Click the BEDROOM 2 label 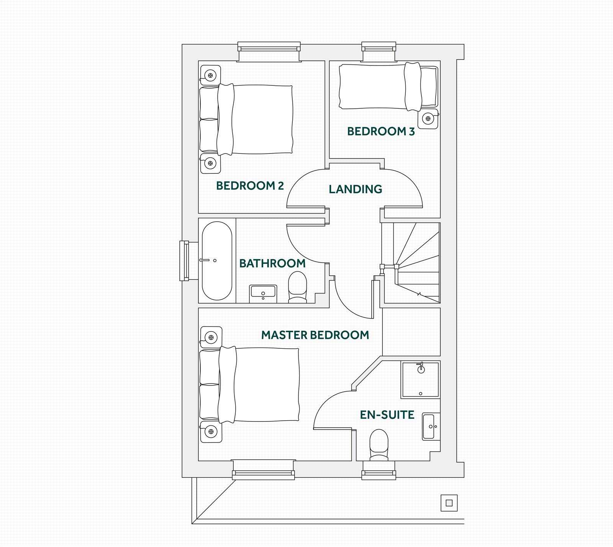point(250,186)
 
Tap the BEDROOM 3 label point(380,131)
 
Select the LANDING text point(355,189)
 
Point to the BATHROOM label point(272,263)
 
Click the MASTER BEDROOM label point(315,335)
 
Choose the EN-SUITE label point(387,415)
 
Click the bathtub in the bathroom point(217,261)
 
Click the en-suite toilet point(379,444)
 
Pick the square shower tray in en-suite point(420,379)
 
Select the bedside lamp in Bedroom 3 point(428,119)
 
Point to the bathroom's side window point(184,261)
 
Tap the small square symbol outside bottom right point(449,503)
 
